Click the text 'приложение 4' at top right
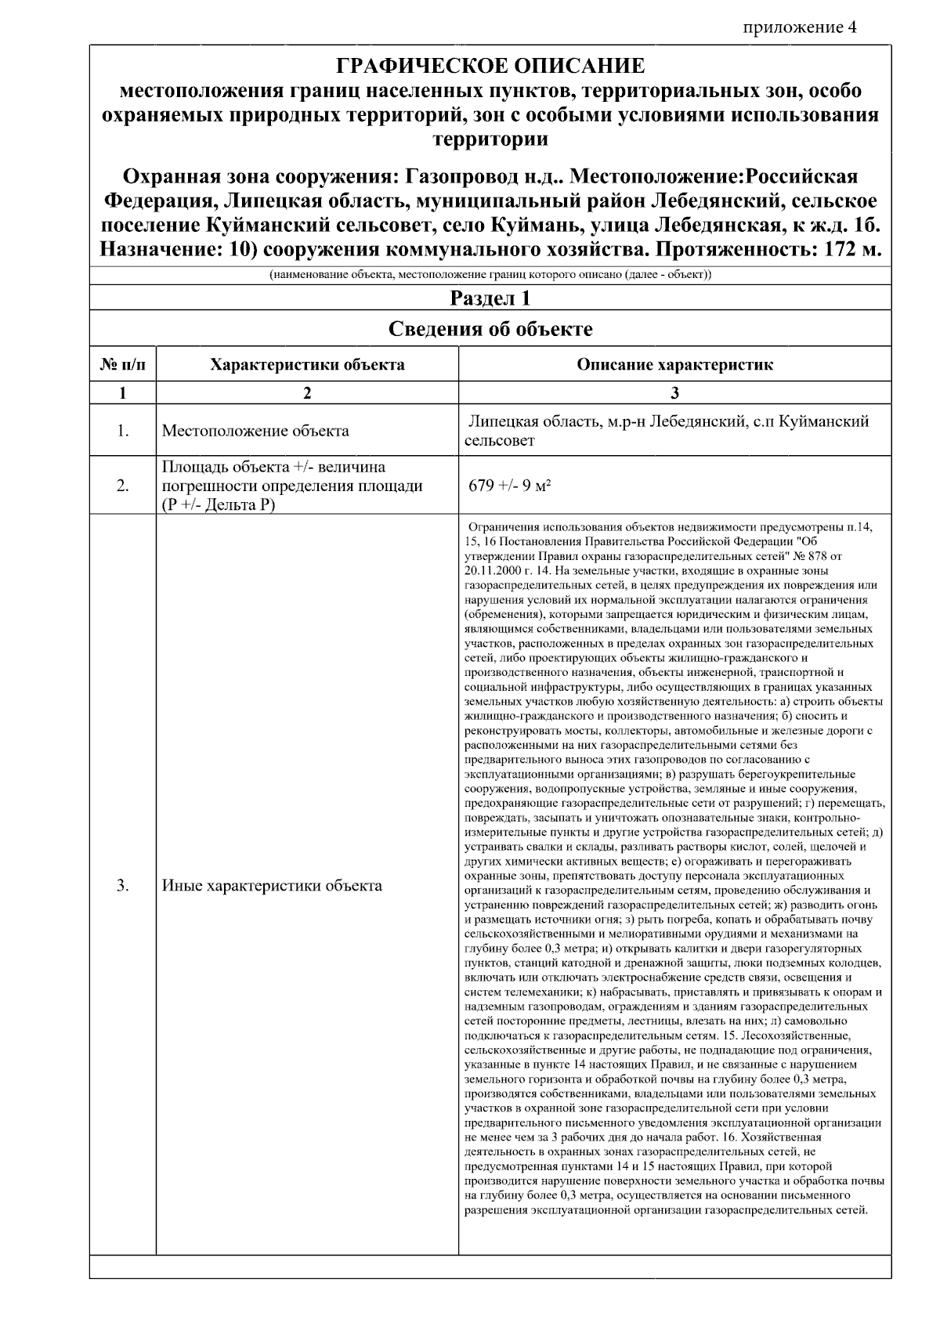800,27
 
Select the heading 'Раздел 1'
490,298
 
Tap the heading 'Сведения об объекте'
490,329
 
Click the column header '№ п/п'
123,365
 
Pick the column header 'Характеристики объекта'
307,365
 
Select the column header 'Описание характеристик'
674,365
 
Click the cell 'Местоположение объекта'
255,431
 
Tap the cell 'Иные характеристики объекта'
272,886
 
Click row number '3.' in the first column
123,886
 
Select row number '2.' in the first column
123,486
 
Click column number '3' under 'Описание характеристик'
674,393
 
